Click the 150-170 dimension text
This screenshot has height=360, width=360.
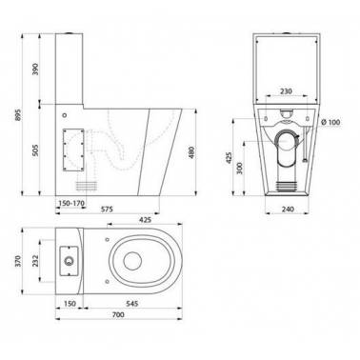pos(70,204)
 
